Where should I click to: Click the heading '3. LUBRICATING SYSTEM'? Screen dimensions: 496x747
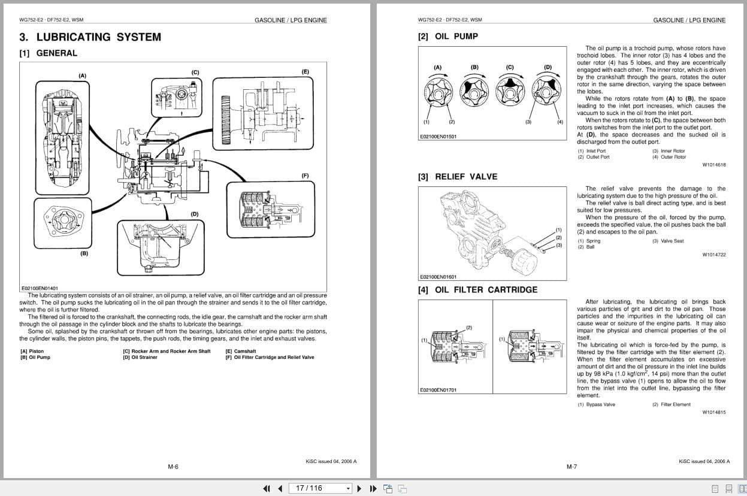point(90,37)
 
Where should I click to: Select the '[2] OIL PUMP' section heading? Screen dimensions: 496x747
point(448,37)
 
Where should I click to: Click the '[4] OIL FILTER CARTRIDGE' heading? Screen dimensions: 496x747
point(477,290)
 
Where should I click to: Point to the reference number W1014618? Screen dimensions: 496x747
point(713,165)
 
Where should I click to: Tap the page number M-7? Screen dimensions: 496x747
point(571,467)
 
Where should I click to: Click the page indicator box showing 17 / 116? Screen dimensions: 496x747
point(320,488)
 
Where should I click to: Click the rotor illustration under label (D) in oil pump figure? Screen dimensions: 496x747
point(548,92)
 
